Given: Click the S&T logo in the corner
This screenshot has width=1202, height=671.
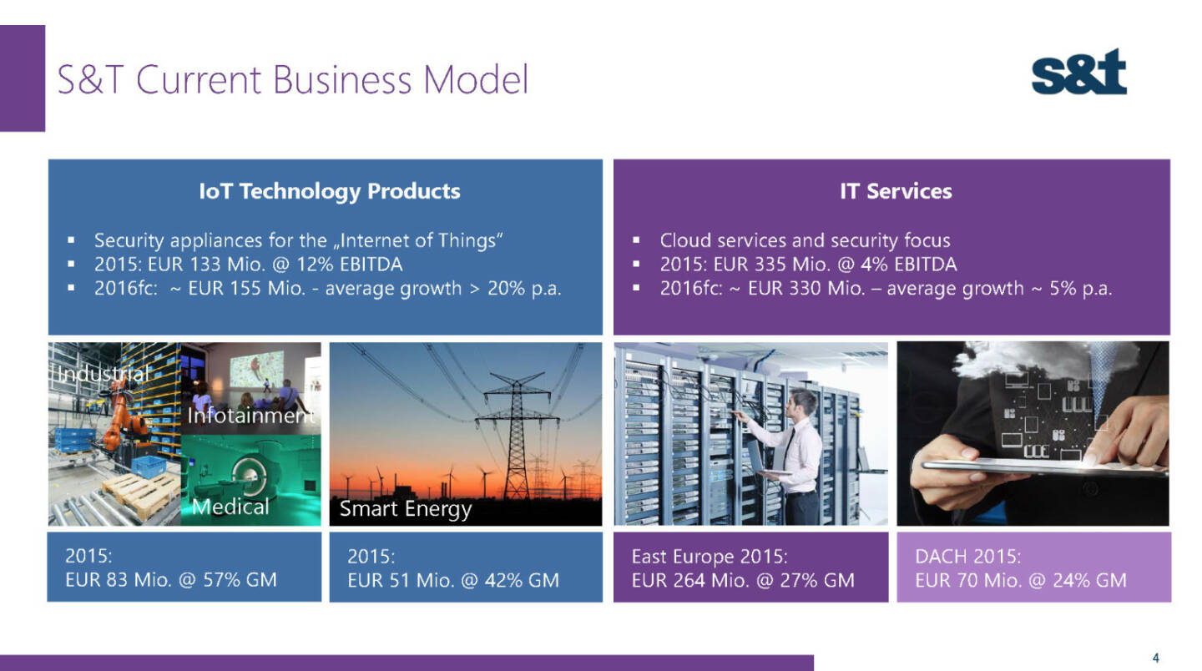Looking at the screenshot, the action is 1078,72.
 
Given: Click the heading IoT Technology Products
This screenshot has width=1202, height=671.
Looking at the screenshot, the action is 330,191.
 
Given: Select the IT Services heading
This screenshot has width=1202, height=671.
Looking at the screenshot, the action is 896,191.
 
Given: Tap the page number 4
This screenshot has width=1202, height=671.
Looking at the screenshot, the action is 1155,658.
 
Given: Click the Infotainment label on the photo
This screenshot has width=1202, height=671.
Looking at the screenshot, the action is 250,415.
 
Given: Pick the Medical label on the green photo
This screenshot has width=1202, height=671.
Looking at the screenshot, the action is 230,507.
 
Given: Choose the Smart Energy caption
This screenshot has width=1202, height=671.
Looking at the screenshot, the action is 406,508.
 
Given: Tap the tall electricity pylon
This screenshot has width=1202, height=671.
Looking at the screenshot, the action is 516,435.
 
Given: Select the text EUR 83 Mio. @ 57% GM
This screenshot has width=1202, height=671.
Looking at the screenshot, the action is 170,580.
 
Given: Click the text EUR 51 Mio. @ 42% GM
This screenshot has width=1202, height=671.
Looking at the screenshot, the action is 453,580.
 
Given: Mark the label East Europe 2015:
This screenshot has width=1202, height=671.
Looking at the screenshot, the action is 710,556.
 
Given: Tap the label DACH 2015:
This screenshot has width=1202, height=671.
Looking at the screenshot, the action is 967,556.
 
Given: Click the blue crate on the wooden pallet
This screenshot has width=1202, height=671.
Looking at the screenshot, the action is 148,467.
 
